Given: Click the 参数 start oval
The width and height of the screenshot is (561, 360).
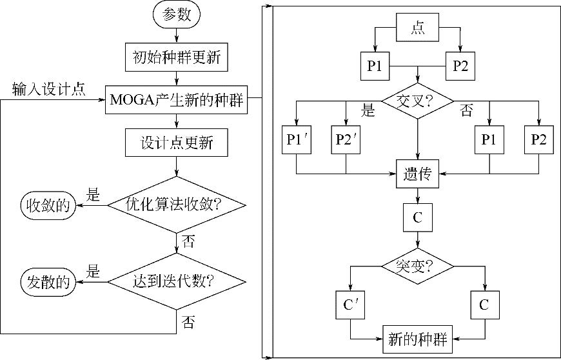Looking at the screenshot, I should click(x=177, y=16).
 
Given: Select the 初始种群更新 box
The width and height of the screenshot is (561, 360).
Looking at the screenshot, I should click(x=177, y=57).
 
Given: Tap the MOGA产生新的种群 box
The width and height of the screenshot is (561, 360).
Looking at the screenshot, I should click(x=177, y=100).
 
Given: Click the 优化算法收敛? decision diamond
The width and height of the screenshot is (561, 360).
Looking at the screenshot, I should click(x=177, y=206).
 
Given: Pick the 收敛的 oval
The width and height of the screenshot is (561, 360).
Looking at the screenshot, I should click(x=47, y=206).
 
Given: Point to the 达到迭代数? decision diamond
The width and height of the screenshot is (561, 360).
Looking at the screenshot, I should click(x=177, y=282).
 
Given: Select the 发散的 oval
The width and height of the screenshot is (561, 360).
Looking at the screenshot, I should click(x=47, y=282).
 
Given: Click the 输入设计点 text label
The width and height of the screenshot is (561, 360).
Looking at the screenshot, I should click(x=49, y=90).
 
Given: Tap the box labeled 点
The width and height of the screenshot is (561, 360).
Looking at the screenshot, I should click(x=417, y=30).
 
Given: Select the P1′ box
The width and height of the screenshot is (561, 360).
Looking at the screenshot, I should click(x=296, y=141).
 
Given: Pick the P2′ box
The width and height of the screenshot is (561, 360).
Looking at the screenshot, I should click(x=346, y=141).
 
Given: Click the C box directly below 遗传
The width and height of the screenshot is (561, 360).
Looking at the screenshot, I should click(x=417, y=219).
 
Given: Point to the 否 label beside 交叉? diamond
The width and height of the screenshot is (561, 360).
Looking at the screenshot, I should click(x=466, y=110).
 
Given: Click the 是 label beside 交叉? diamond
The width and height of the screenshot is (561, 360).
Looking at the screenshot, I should click(x=368, y=110).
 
